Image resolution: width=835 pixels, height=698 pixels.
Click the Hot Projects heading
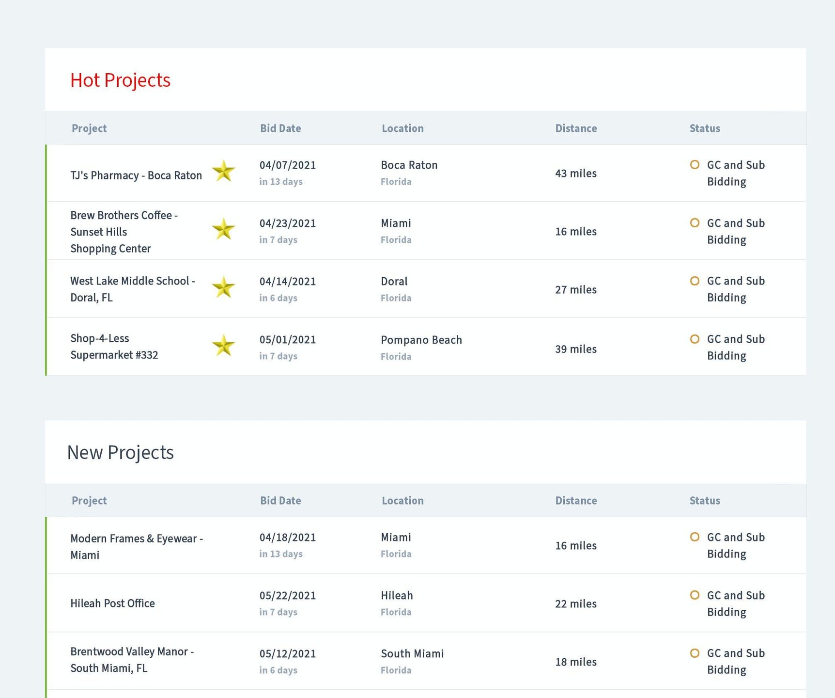[120, 80]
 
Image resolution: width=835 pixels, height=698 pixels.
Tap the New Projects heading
[120, 453]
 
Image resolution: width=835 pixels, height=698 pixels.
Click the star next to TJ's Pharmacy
[223, 171]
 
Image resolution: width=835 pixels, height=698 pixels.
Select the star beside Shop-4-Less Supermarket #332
[223, 346]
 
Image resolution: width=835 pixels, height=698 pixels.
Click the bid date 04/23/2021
[288, 223]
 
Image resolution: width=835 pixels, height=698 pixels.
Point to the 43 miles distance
[575, 174]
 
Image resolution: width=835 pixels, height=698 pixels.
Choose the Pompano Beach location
[421, 340]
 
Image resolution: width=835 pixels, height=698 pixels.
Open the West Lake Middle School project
[132, 289]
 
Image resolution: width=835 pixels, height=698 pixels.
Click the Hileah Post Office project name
[112, 603]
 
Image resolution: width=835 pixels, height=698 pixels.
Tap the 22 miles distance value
[575, 604]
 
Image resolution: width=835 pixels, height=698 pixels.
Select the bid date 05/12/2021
[288, 654]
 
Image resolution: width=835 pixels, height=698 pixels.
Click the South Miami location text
[412, 654]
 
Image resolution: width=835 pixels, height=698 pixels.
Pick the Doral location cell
[394, 282]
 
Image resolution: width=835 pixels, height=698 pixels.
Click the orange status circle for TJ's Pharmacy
[695, 165]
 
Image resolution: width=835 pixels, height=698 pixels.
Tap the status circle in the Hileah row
[695, 595]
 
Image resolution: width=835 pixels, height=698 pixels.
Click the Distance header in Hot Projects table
[576, 128]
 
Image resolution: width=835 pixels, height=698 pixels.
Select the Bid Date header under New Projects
[280, 501]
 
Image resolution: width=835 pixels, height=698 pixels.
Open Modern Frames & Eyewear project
[136, 547]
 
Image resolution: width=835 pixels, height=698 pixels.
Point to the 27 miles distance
[575, 290]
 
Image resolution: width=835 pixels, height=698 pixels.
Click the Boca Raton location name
[409, 165]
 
